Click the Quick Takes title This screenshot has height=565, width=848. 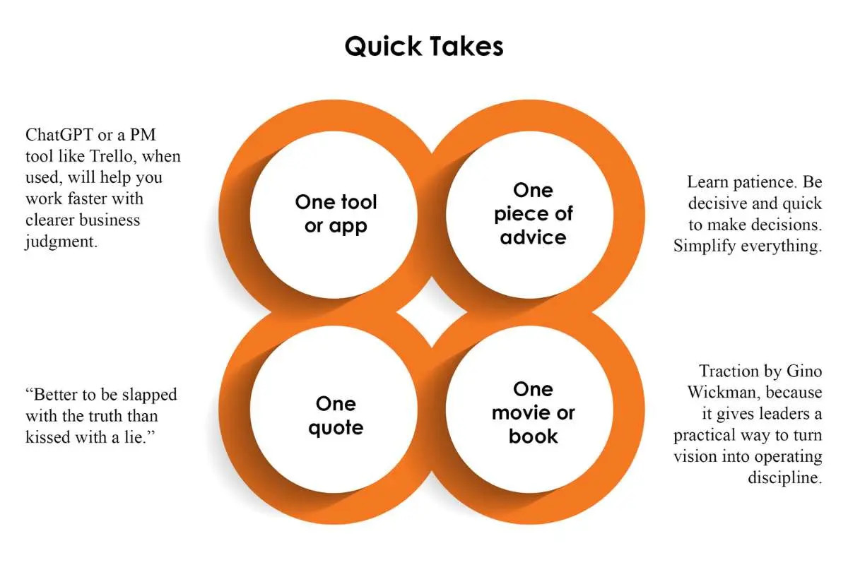pyautogui.click(x=423, y=47)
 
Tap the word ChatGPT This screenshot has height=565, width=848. pyautogui.click(x=59, y=135)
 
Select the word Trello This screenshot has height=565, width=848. pyautogui.click(x=112, y=156)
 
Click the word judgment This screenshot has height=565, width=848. pyautogui.click(x=61, y=242)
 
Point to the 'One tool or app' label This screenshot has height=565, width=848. pyautogui.click(x=336, y=214)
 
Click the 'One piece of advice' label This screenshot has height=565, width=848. pyautogui.click(x=533, y=214)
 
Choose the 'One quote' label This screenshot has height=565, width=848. pyautogui.click(x=336, y=416)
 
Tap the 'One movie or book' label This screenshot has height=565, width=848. pyautogui.click(x=533, y=413)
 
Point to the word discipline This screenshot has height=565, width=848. pyautogui.click(x=785, y=477)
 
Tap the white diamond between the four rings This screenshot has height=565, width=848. pyautogui.click(x=432, y=312)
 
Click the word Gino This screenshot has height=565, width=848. pyautogui.click(x=804, y=371)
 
